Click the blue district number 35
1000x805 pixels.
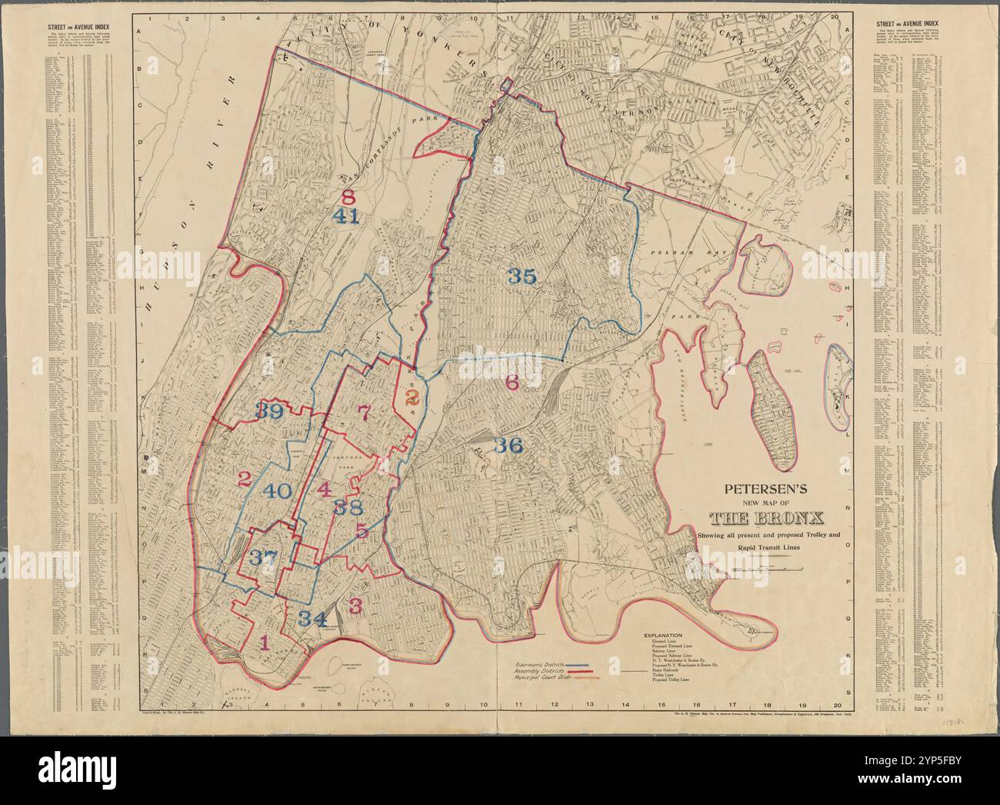click(x=522, y=277)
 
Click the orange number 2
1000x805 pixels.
click(x=412, y=397)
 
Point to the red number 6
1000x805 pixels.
click(x=512, y=381)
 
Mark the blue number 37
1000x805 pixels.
click(x=261, y=558)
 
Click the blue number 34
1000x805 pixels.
click(x=313, y=617)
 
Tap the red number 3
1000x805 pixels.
click(x=355, y=605)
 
